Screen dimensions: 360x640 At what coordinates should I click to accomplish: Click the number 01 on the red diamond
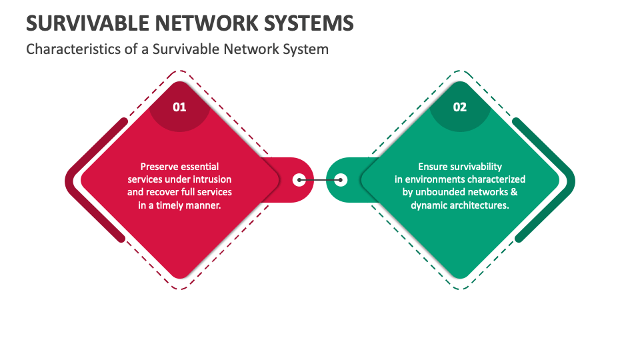coord(179,107)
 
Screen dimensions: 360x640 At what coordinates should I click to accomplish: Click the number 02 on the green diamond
coord(460,107)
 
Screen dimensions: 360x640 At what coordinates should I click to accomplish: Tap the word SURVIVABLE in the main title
coord(84,24)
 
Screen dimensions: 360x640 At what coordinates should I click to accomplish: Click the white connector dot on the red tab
coord(299,179)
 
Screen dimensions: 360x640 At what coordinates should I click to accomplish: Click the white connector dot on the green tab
coord(341,179)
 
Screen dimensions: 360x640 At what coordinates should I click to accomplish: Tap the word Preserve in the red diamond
coord(159,167)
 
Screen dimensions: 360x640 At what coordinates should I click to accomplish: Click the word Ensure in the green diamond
coord(433,167)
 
